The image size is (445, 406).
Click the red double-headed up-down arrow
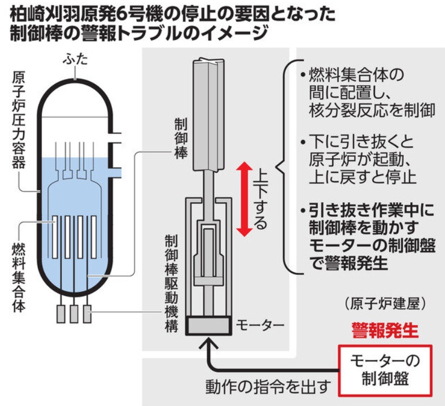click(245, 199)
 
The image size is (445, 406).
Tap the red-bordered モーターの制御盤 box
click(385, 370)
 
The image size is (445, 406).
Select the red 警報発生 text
click(385, 330)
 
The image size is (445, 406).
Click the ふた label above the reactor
click(76, 60)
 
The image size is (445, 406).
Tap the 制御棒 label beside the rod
click(181, 138)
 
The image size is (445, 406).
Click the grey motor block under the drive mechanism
click(208, 325)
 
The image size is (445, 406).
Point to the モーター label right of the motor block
click(260, 325)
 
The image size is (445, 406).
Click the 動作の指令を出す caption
click(268, 387)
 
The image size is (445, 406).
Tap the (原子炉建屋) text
click(385, 304)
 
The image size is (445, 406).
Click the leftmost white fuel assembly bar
click(55, 237)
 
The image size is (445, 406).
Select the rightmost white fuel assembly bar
click(93, 237)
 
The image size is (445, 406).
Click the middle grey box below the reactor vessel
click(74, 314)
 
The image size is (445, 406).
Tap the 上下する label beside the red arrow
click(260, 199)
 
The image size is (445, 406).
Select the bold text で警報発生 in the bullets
click(348, 263)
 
